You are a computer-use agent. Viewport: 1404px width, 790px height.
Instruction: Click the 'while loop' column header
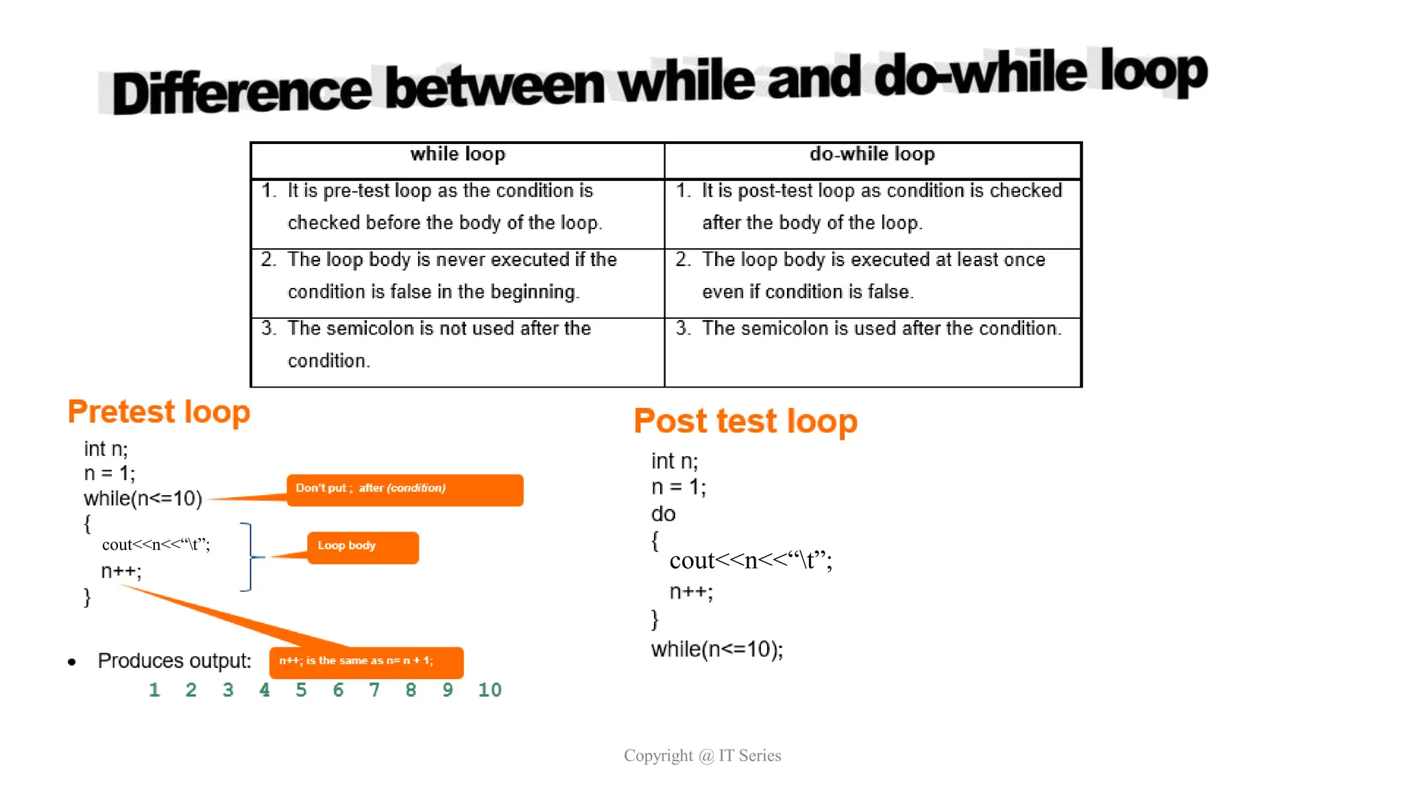(x=457, y=154)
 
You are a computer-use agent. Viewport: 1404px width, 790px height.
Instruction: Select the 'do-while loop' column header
(x=871, y=154)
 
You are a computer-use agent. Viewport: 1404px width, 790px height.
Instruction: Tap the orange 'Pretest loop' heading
(x=159, y=411)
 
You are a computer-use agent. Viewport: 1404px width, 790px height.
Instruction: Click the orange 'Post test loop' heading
(x=745, y=420)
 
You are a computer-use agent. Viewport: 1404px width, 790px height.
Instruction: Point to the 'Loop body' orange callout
(x=363, y=547)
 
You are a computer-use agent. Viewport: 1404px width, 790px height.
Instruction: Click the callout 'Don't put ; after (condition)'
(x=404, y=489)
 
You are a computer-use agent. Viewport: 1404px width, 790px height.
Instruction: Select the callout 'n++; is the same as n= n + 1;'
(x=366, y=661)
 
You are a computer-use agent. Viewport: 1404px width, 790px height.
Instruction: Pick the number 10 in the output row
(x=489, y=690)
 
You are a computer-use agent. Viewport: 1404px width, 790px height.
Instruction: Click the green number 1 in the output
(x=154, y=690)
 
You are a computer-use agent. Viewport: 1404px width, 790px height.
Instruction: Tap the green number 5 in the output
(x=301, y=690)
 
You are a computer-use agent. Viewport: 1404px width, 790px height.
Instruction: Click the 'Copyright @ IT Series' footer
(x=702, y=756)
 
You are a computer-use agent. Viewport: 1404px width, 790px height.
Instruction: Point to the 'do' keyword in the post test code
(x=663, y=514)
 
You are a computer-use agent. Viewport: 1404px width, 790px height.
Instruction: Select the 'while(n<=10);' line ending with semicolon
(x=716, y=649)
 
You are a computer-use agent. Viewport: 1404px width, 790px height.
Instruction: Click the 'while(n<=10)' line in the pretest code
(x=143, y=499)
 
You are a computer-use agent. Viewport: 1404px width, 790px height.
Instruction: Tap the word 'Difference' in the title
(x=241, y=93)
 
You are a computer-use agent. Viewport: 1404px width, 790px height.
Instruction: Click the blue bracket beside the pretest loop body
(x=248, y=557)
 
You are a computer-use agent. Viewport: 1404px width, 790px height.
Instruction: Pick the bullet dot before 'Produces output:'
(x=72, y=662)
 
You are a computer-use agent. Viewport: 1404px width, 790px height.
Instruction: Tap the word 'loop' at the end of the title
(x=1153, y=72)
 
